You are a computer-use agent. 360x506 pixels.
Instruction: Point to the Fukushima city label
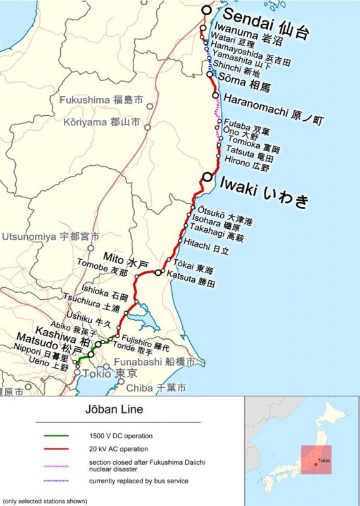(101, 100)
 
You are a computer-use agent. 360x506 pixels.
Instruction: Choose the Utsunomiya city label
(51, 237)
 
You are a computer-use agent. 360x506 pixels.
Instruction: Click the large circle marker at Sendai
(206, 10)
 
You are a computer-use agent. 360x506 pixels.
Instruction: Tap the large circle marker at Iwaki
(207, 178)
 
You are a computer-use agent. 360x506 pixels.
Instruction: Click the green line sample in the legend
(60, 436)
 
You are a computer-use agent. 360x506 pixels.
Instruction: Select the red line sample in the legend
(60, 449)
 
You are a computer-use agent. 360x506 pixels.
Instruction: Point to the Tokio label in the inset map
(324, 460)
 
